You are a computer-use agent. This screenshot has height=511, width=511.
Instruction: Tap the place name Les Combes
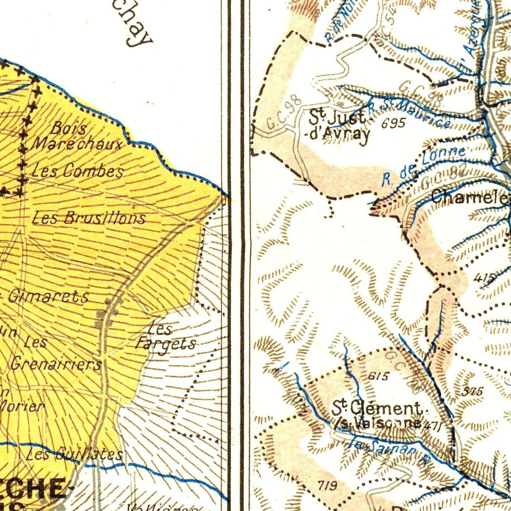(77, 171)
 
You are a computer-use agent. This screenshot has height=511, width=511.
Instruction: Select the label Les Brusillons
(89, 218)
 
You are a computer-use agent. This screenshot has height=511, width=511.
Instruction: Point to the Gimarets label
(48, 296)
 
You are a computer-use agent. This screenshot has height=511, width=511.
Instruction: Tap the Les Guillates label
(75, 454)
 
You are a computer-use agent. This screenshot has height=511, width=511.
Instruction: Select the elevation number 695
(393, 123)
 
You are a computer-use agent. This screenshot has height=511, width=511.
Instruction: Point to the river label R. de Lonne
(423, 166)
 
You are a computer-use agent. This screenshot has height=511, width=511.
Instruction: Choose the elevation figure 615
(378, 376)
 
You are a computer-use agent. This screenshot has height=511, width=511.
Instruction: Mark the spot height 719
(327, 486)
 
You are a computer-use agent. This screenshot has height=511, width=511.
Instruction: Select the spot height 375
(472, 391)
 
